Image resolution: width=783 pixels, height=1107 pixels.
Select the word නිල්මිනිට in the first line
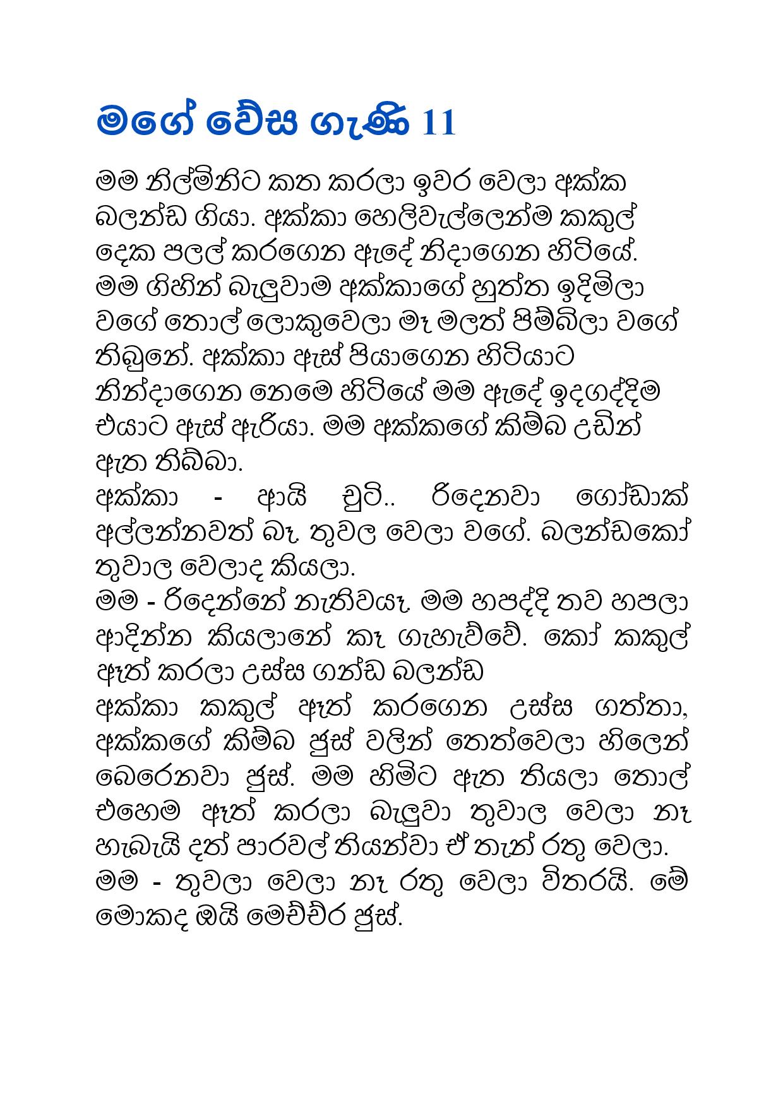click(x=198, y=183)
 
